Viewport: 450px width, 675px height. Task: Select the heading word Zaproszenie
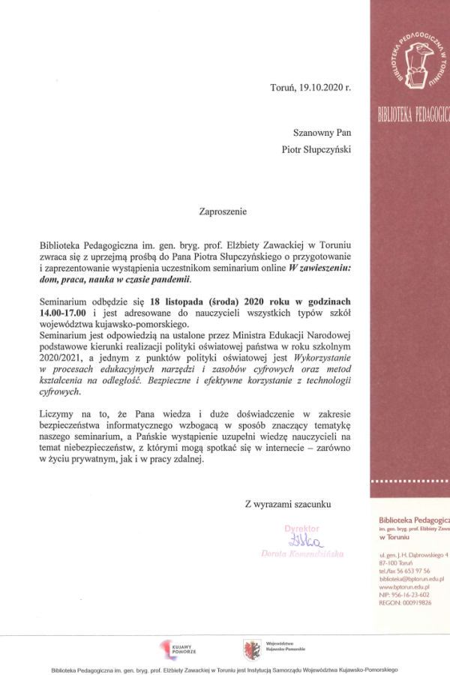click(x=223, y=212)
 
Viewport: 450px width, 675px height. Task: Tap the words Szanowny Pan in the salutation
click(x=316, y=133)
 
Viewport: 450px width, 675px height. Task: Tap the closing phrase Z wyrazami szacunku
click(x=286, y=504)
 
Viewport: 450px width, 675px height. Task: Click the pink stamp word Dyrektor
click(x=301, y=528)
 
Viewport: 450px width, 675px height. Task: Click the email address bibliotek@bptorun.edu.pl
click(x=412, y=579)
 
